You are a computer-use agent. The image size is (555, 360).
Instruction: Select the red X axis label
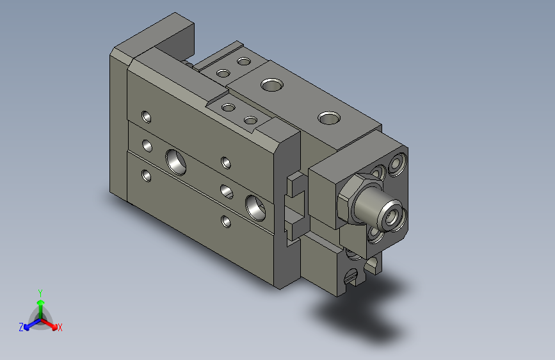(60, 328)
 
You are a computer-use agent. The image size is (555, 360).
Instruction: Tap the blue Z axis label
(21, 327)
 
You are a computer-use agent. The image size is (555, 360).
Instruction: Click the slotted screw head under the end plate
(350, 277)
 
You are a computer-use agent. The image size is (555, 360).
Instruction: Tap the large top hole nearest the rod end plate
(330, 117)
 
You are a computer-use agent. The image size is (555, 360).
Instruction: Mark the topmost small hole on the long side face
(147, 117)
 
